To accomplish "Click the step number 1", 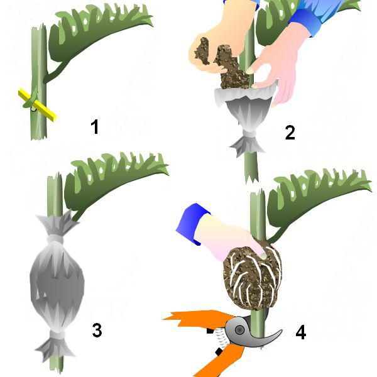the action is [x=95, y=127].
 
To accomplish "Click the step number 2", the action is [x=290, y=133].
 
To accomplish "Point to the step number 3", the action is [x=97, y=331].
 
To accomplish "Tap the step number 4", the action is [x=301, y=332].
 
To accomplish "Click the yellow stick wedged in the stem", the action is [x=37, y=106].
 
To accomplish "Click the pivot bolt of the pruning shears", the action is [x=239, y=330].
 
